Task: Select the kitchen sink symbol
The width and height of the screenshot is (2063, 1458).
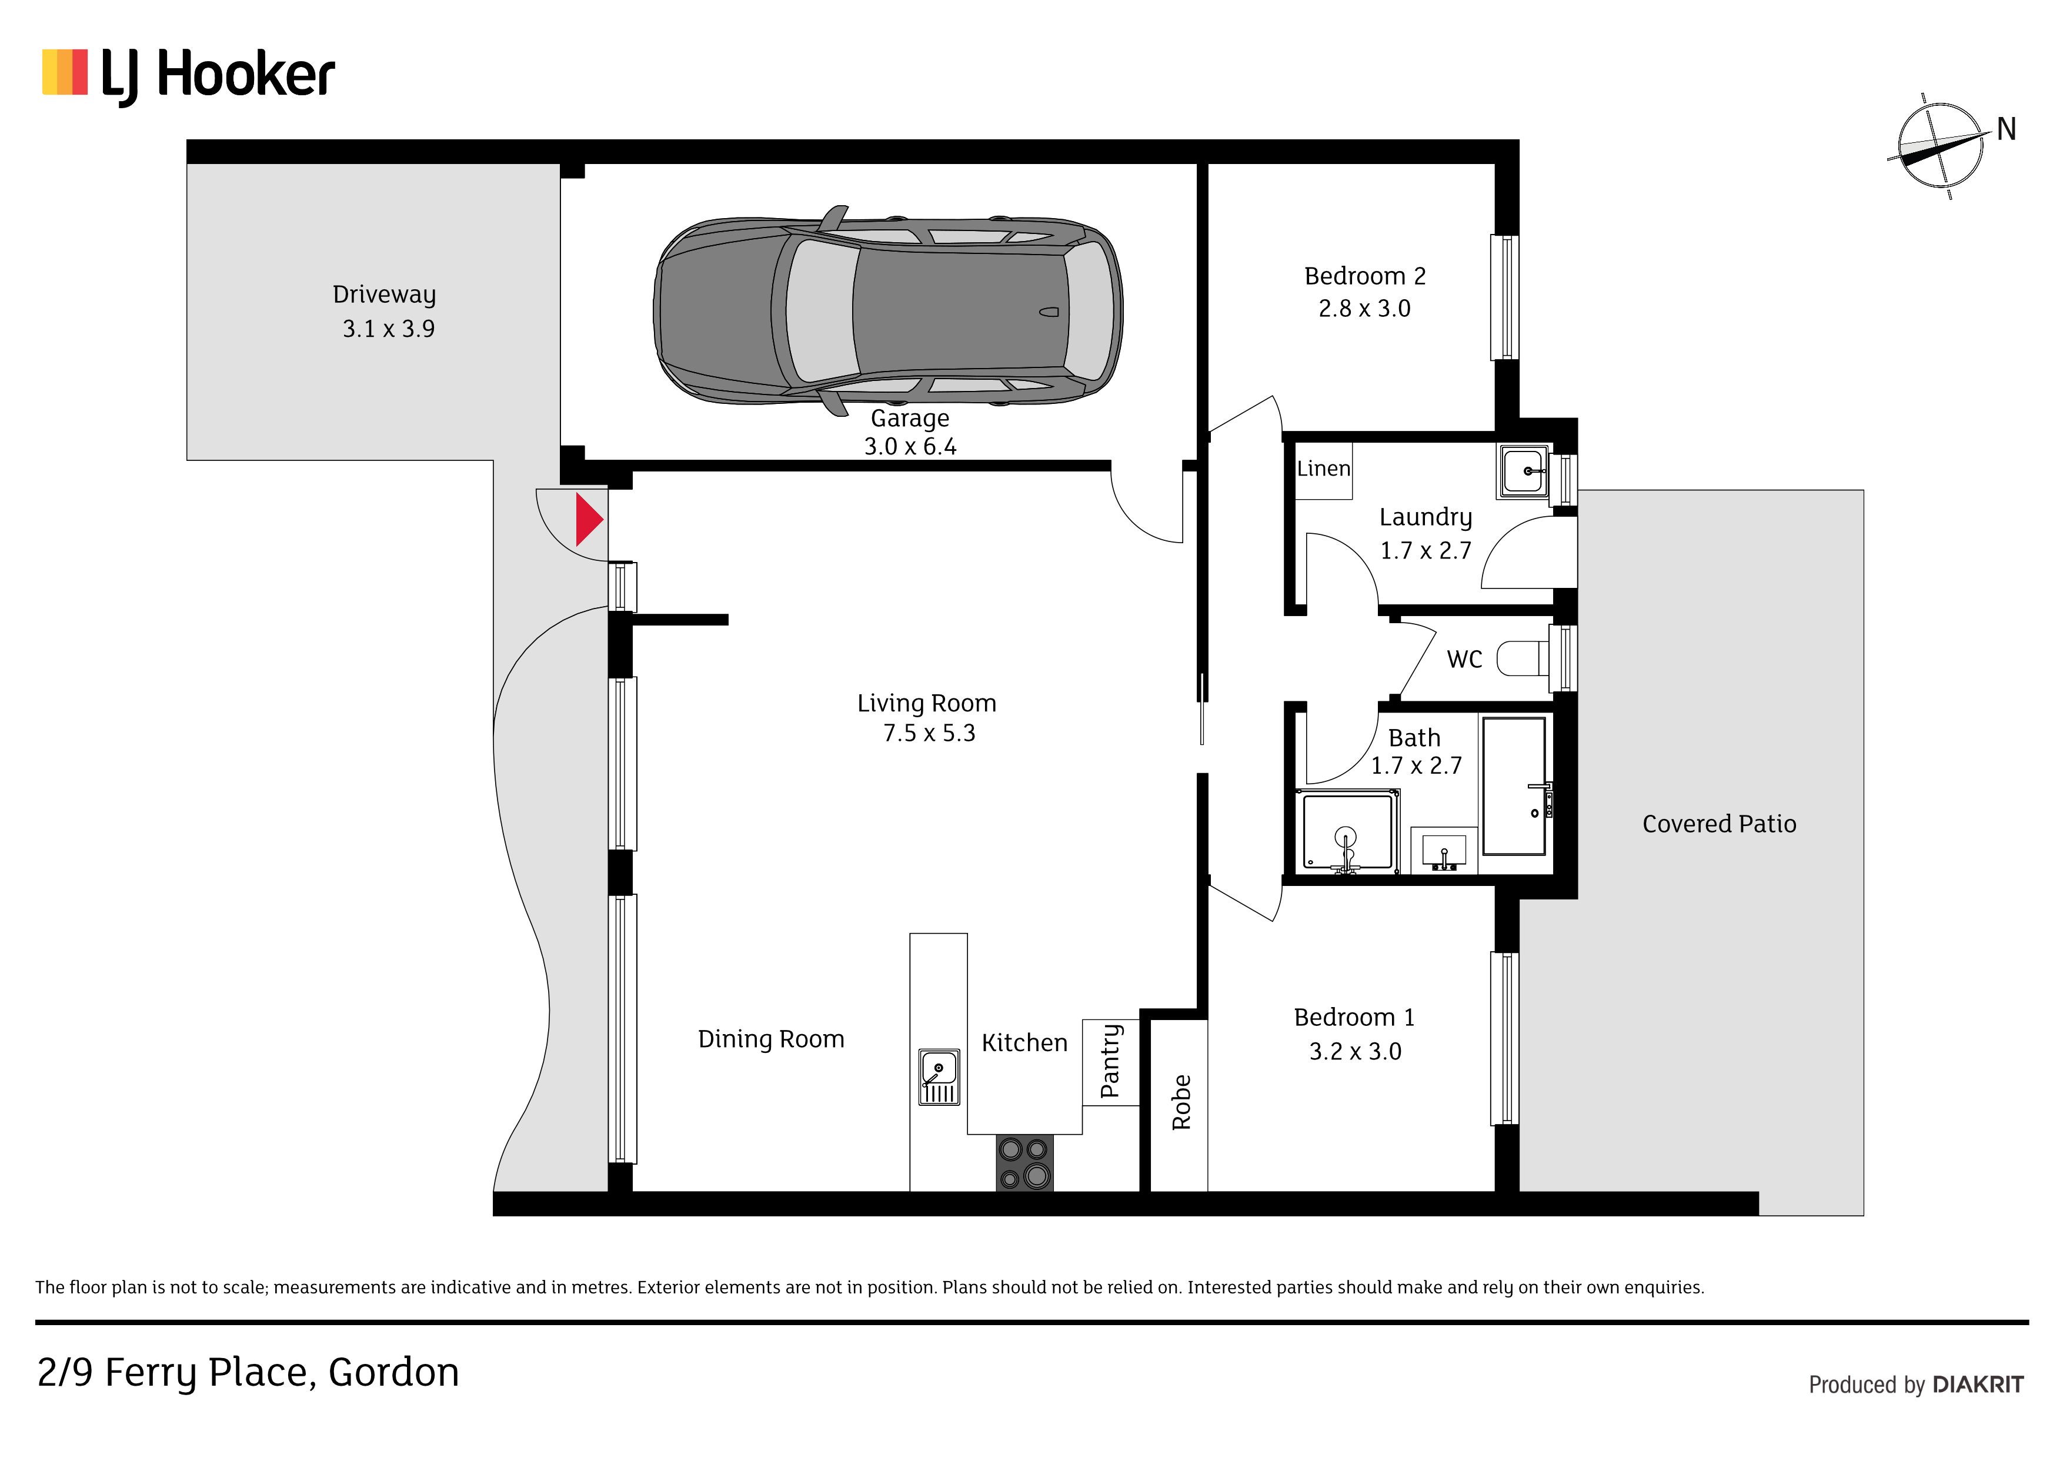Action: click(x=939, y=1077)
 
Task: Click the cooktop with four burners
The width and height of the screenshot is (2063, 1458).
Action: click(x=1024, y=1163)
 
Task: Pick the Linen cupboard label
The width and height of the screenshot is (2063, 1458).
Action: click(x=1324, y=469)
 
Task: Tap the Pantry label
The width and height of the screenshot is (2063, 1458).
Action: click(x=1110, y=1061)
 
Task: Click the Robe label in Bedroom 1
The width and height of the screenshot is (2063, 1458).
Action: click(x=1181, y=1102)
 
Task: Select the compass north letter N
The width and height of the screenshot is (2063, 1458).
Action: click(x=2007, y=129)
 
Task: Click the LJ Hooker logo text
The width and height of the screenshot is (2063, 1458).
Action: click(x=218, y=75)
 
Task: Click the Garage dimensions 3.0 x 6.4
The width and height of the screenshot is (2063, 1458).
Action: click(x=910, y=446)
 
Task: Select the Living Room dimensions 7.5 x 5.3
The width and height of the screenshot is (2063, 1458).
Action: click(x=929, y=733)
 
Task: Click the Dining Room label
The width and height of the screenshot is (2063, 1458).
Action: click(x=771, y=1039)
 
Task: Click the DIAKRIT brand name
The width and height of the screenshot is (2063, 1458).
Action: click(x=1978, y=1385)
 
